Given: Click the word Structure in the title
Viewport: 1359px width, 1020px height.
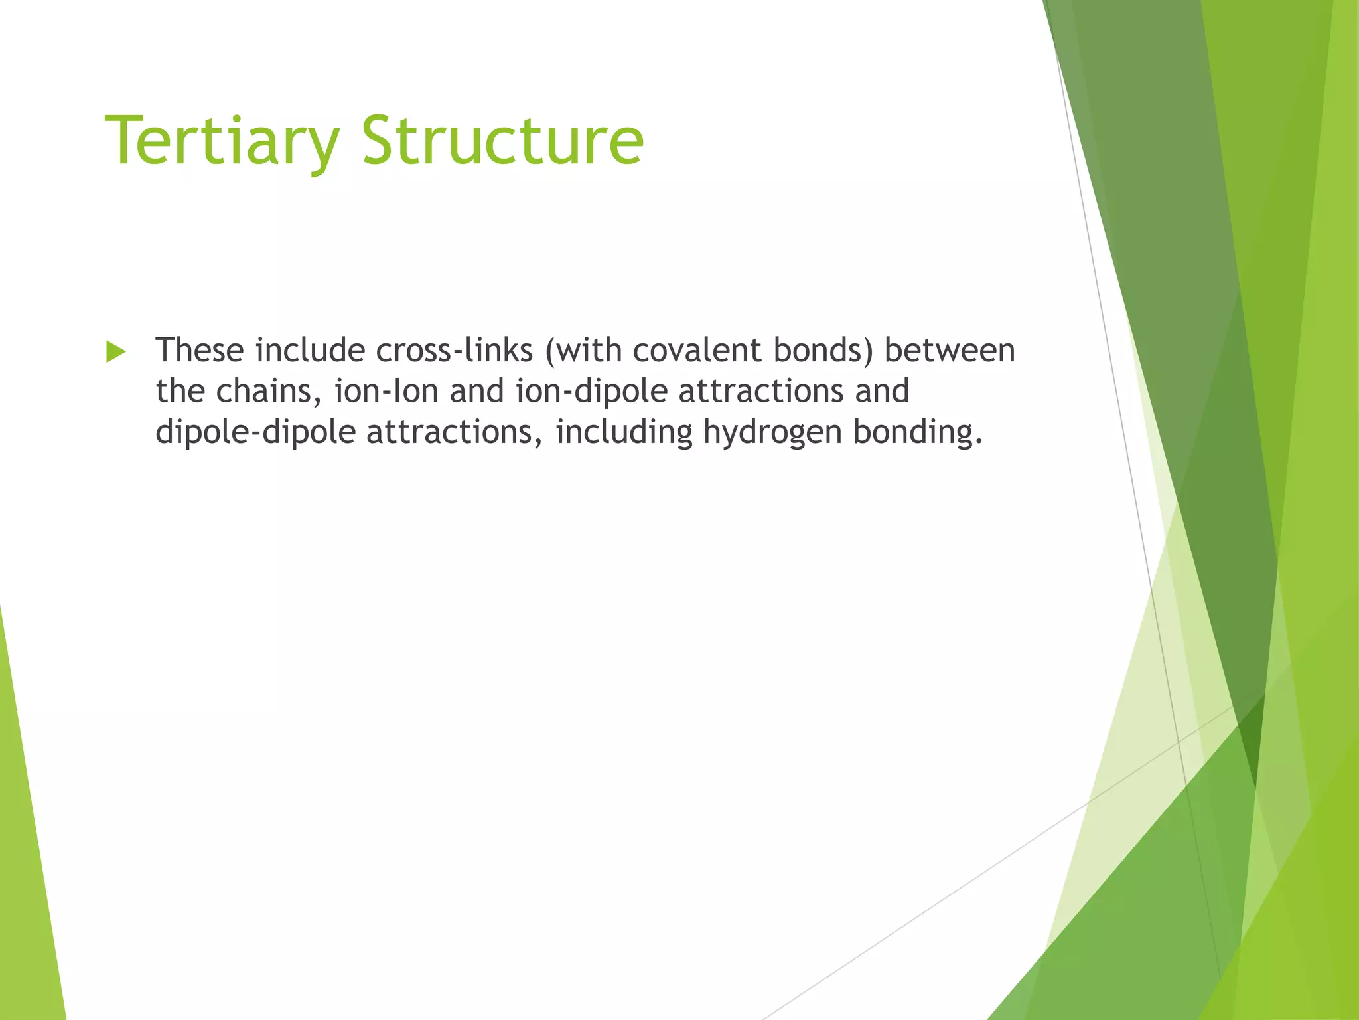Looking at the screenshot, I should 502,141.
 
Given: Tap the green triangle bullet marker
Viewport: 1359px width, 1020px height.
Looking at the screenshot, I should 115,352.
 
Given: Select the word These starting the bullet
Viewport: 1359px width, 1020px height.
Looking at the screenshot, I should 200,351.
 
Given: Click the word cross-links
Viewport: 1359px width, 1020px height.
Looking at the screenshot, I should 455,351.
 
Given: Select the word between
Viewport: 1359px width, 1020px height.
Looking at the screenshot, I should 950,351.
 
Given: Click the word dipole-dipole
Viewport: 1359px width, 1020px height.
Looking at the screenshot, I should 255,433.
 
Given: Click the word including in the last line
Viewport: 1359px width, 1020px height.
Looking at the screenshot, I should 624,433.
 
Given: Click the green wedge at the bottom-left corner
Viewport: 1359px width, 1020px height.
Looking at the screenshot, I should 27,896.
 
